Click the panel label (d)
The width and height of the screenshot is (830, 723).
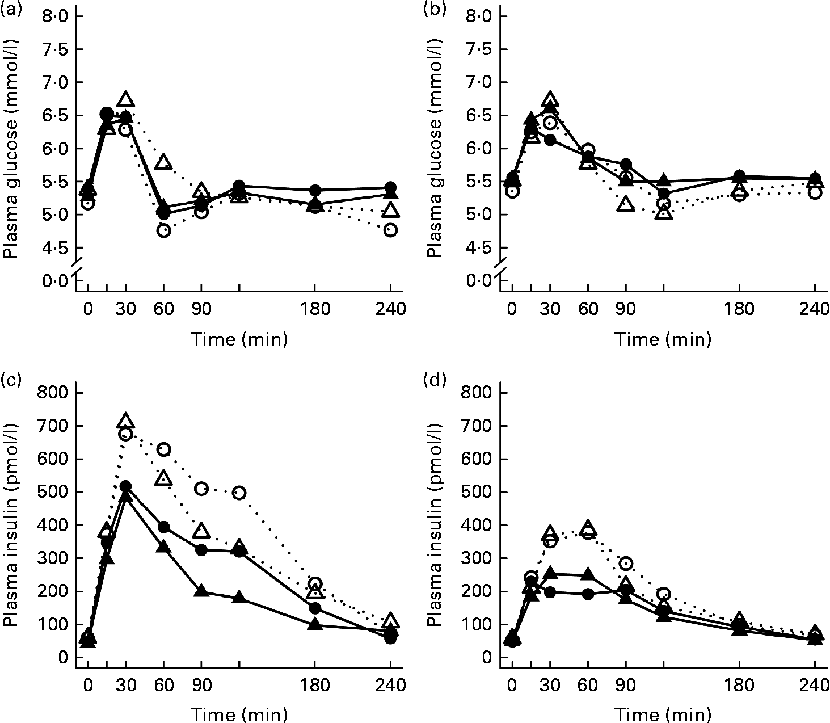pos(436,377)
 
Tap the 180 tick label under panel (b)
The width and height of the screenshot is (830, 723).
pos(740,310)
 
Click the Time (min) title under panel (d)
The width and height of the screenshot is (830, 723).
pos(663,713)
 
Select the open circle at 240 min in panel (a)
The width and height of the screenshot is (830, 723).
pos(390,230)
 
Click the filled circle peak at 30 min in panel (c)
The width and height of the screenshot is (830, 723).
pos(125,486)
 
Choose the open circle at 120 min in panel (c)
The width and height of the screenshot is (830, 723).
pos(239,493)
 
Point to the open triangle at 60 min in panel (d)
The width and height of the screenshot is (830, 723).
pos(588,527)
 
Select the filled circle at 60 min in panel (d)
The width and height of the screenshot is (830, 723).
pos(588,594)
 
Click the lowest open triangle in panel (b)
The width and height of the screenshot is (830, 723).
pos(664,214)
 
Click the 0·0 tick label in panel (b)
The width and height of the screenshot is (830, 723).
pos(479,280)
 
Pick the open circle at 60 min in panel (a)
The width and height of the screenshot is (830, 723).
pos(163,230)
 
